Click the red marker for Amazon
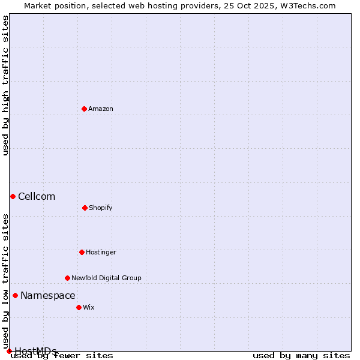(84, 109)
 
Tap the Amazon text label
(101, 109)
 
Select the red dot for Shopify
(85, 208)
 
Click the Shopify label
(101, 208)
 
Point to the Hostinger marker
(82, 252)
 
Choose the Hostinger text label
(101, 252)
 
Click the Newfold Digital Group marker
(67, 278)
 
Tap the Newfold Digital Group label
(106, 278)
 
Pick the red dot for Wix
(79, 307)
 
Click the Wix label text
(89, 307)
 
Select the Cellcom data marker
(13, 196)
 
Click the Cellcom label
(37, 196)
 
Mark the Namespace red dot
(15, 295)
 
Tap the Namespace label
(48, 295)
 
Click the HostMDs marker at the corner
(9, 351)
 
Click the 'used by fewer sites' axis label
(62, 355)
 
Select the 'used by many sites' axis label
(301, 355)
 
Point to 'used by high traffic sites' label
(5, 85)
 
